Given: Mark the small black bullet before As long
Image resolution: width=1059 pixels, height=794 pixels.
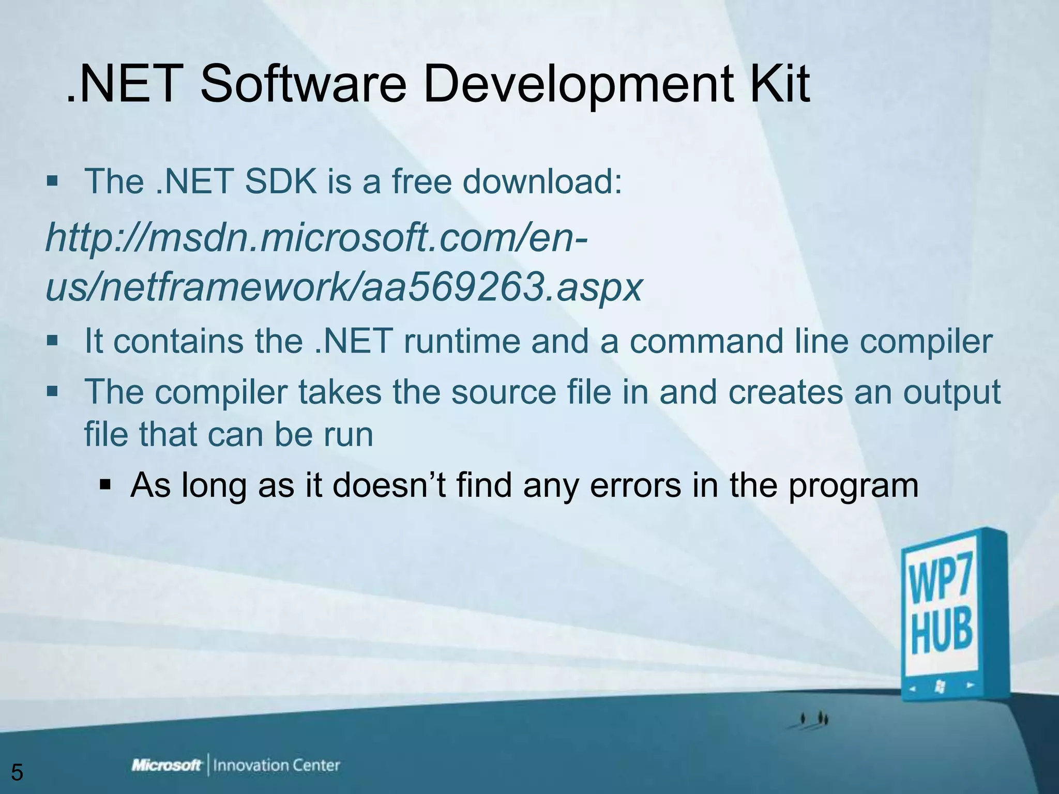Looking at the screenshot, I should (105, 486).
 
